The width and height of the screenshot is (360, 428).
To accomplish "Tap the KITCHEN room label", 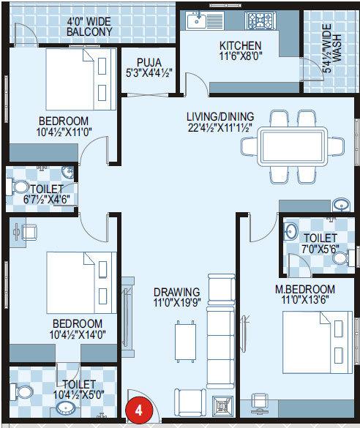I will pos(240,45).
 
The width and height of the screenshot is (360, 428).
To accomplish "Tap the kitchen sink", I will pos(199,23).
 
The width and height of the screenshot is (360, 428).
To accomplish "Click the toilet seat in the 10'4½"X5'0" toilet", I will pos(26,394).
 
